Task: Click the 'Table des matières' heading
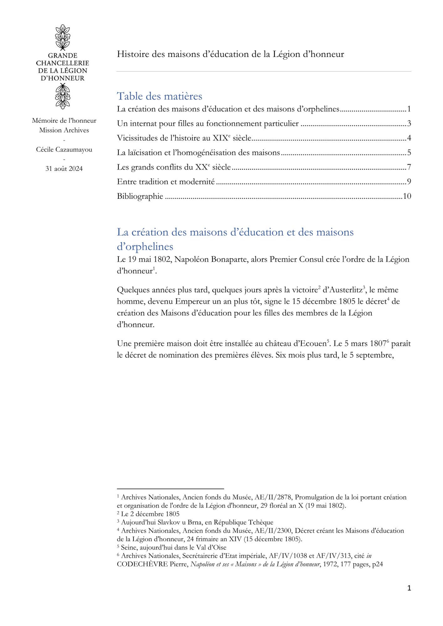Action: tap(159, 96)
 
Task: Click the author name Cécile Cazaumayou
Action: tap(64, 150)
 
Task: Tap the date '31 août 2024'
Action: tap(64, 169)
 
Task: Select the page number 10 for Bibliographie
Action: tap(407, 196)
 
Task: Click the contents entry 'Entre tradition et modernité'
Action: tap(166, 182)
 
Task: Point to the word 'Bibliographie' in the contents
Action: tap(140, 196)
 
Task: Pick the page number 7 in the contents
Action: tap(409, 167)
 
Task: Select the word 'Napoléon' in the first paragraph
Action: tap(189, 259)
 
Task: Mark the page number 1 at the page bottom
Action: tap(409, 588)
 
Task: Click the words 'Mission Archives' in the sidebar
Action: tap(64, 130)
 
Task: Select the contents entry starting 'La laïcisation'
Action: tap(198, 153)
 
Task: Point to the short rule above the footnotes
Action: tap(170, 489)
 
